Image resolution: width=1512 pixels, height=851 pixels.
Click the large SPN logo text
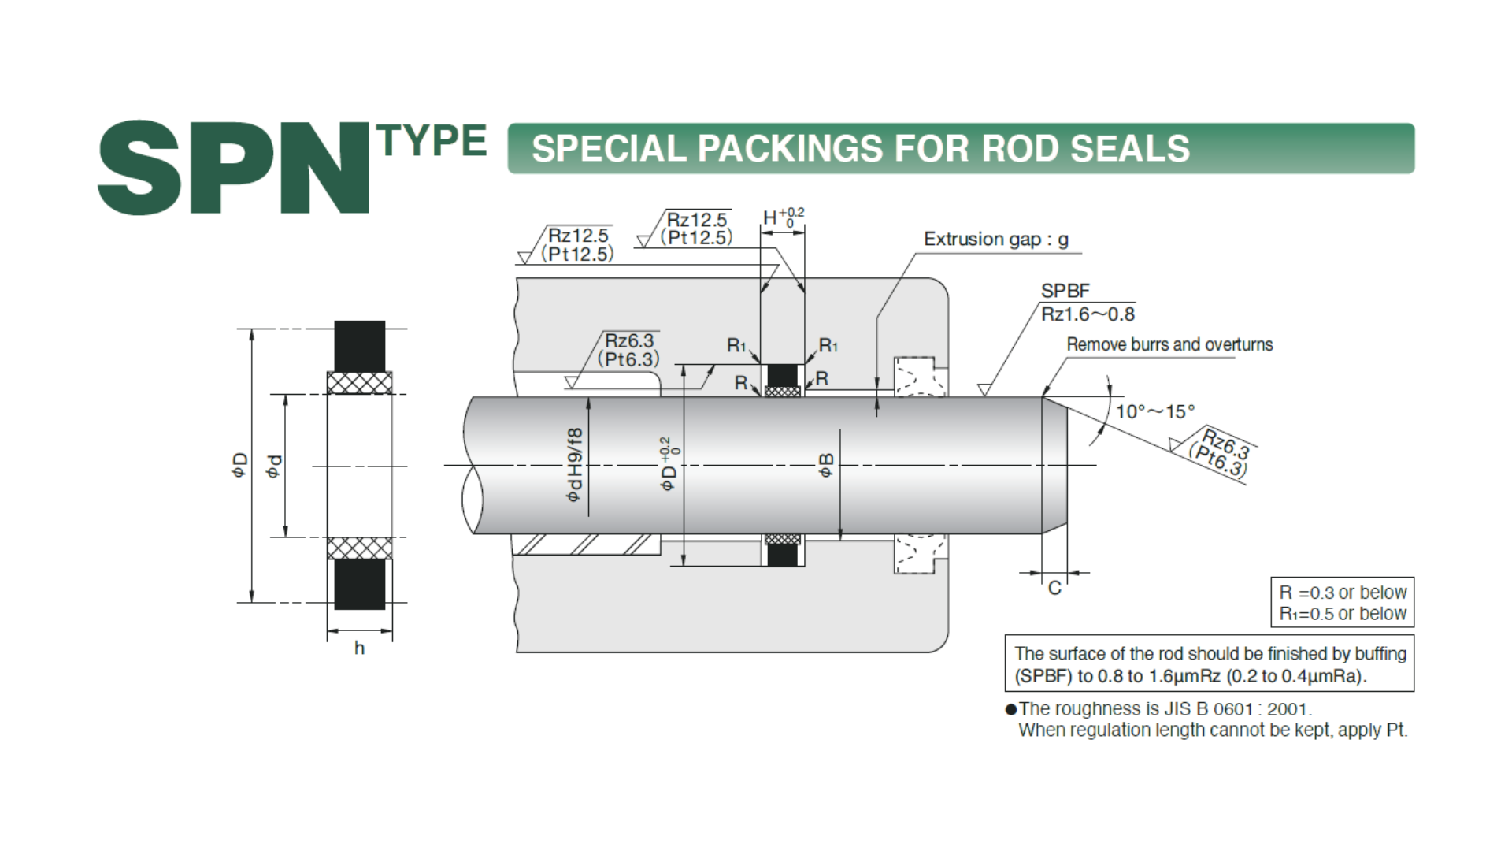233,168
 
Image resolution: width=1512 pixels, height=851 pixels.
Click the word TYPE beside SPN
432,141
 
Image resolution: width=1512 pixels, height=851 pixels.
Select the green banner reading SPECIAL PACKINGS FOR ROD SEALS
961,148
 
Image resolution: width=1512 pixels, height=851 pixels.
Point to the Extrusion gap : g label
995,240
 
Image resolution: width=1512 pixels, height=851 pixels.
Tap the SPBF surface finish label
1065,291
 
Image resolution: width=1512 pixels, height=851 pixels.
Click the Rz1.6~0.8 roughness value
1088,314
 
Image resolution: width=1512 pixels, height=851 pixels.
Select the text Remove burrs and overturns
1169,344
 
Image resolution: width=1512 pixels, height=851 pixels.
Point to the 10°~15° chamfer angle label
1154,411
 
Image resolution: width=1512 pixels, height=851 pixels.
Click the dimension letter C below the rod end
1054,588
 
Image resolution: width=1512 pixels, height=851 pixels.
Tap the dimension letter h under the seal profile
359,648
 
